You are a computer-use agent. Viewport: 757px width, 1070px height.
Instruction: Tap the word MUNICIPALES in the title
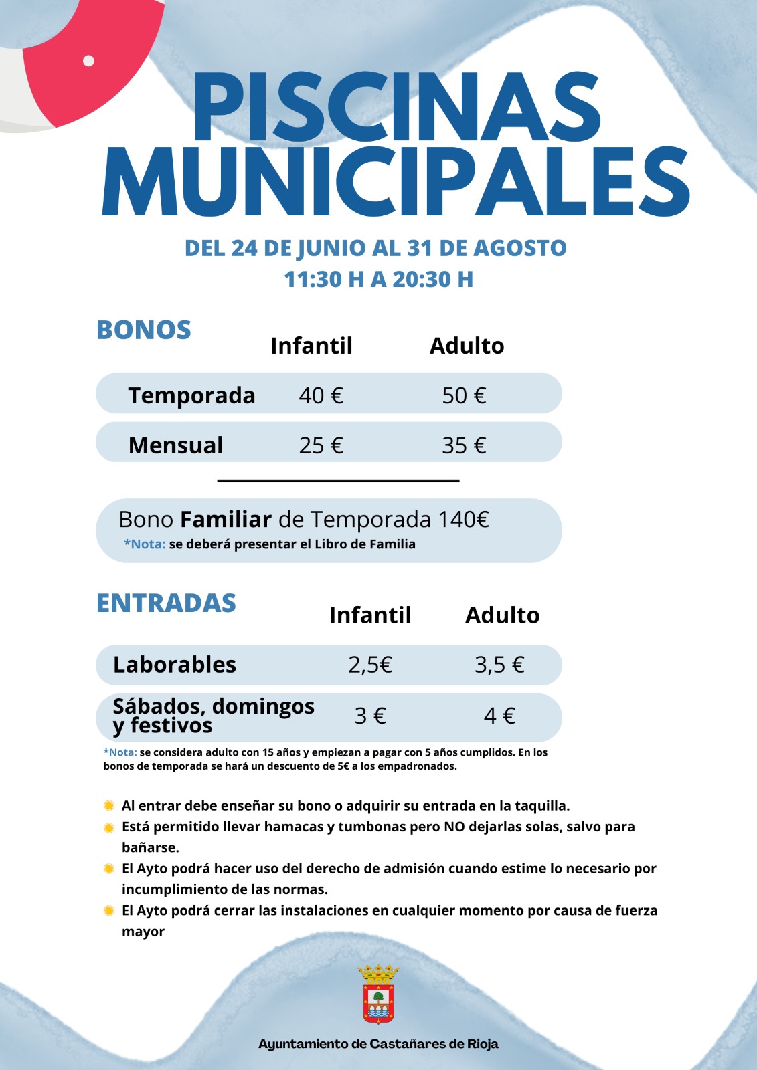(396, 182)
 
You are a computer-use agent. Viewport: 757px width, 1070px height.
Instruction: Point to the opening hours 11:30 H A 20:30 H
(378, 279)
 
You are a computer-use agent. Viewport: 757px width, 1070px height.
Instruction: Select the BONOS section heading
(144, 330)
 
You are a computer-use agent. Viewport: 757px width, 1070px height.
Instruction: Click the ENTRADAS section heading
(166, 603)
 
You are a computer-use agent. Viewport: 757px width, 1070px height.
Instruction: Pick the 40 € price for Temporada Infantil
(321, 395)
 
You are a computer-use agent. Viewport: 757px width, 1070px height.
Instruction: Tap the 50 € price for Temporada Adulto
(464, 395)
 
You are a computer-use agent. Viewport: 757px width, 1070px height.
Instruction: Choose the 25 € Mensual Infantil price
(321, 445)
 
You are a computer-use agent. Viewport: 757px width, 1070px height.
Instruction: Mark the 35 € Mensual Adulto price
(464, 445)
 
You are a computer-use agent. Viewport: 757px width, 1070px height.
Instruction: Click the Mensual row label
(175, 445)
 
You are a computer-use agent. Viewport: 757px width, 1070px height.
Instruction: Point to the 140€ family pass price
(463, 520)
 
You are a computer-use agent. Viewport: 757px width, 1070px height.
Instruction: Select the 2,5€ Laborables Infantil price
(369, 665)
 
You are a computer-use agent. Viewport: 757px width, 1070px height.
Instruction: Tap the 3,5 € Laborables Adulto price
(499, 665)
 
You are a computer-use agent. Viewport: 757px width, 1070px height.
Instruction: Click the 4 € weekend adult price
(499, 716)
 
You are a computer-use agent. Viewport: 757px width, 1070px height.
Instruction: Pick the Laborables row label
(175, 665)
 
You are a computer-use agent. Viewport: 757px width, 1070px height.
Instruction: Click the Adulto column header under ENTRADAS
(502, 615)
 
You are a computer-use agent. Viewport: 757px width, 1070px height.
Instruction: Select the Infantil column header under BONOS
(311, 346)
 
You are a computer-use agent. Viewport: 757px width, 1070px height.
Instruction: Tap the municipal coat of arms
(378, 994)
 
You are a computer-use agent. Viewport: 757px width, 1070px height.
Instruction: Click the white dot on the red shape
(88, 61)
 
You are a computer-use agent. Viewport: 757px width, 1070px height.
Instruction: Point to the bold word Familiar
(226, 520)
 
